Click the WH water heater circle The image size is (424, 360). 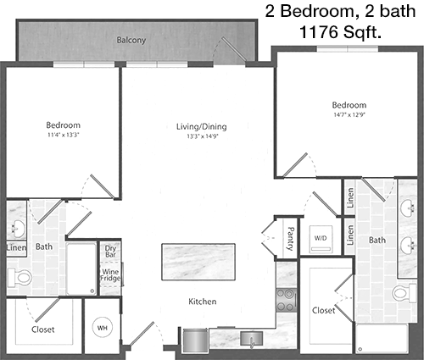pos(103,328)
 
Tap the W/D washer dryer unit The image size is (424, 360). pos(321,239)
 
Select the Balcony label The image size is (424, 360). pos(131,40)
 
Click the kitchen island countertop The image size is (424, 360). pos(198,262)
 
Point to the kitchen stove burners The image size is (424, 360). pos(286,300)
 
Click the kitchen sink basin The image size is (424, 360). pos(251,339)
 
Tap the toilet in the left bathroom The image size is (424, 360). pos(20,277)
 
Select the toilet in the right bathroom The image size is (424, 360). pos(404,294)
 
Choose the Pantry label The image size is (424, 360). pos(290,239)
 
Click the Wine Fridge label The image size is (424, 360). pos(110,275)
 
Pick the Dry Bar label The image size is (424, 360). pos(110,251)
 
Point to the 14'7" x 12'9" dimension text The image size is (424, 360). pos(349,115)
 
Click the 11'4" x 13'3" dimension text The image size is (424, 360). pos(63,135)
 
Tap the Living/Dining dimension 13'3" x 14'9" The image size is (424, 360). pos(203,136)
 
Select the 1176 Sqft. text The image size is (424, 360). pos(340,32)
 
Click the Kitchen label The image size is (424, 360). pos(203,302)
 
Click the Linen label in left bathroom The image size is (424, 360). pos(16,248)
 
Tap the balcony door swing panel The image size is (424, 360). pos(234,49)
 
